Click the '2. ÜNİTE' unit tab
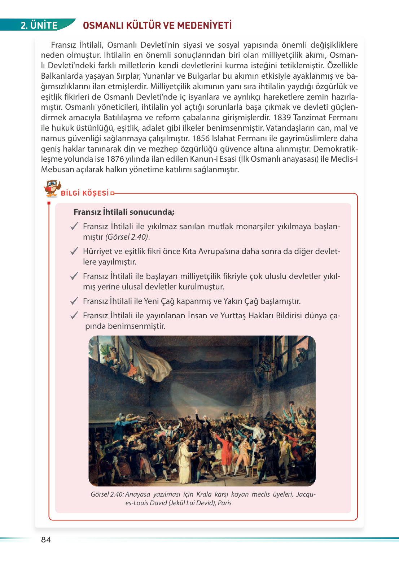pyautogui.click(x=39, y=25)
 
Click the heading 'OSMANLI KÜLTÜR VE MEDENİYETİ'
pyautogui.click(x=157, y=25)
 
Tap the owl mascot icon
pyautogui.click(x=52, y=188)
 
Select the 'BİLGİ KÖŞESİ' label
pyautogui.click(x=85, y=193)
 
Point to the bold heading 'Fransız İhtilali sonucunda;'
pyautogui.click(x=124, y=212)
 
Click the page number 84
pyautogui.click(x=46, y=540)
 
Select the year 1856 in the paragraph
pyautogui.click(x=201, y=139)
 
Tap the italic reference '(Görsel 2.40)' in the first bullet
pyautogui.click(x=127, y=237)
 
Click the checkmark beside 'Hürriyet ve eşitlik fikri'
pyautogui.click(x=74, y=251)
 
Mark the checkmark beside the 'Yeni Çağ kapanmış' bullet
pyautogui.click(x=74, y=301)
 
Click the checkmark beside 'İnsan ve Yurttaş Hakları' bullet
pyautogui.click(x=74, y=315)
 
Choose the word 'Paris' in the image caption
pyautogui.click(x=224, y=503)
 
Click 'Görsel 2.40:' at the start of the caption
pyautogui.click(x=107, y=494)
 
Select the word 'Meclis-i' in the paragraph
pyautogui.click(x=344, y=159)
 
